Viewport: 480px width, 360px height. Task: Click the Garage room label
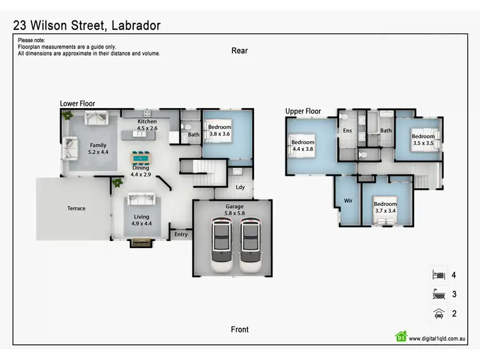(x=234, y=210)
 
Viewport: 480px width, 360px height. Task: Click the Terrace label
(x=76, y=208)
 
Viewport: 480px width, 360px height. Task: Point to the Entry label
(x=181, y=235)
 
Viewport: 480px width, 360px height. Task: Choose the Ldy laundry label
(x=240, y=187)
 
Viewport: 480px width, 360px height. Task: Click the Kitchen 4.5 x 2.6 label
(x=147, y=125)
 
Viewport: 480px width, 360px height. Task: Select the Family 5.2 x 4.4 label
(x=98, y=149)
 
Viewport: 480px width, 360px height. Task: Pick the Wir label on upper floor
(x=348, y=200)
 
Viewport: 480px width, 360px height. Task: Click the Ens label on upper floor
(x=348, y=131)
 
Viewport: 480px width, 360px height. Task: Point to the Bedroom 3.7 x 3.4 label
(x=385, y=208)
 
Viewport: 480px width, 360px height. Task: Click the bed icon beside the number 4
(x=438, y=274)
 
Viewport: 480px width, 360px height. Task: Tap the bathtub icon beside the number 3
(x=438, y=294)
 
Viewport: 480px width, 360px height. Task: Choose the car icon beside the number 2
(x=438, y=313)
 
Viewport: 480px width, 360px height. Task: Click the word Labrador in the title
(x=136, y=26)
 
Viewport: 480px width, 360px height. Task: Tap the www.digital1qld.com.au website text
(x=437, y=338)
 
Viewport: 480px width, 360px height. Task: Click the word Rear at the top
(x=239, y=51)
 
